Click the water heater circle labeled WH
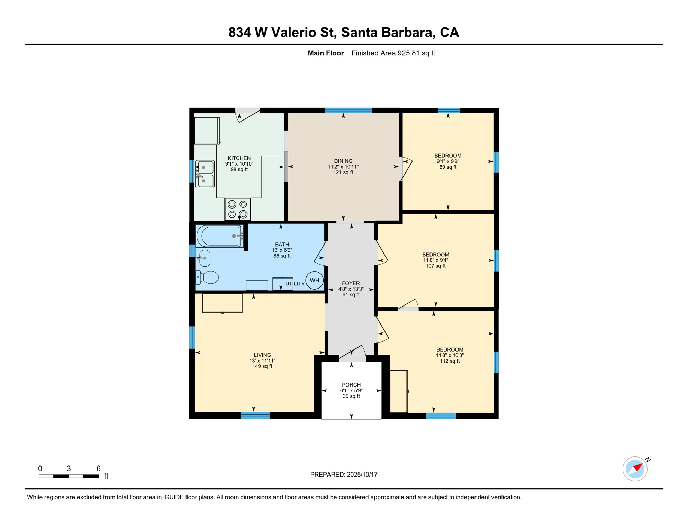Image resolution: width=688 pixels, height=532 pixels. coord(314,280)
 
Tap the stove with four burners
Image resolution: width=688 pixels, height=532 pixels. coord(237,209)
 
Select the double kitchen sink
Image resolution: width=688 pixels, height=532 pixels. coord(205,174)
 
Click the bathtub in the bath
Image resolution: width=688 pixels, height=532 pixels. coord(219,236)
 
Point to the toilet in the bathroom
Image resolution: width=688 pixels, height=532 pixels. coord(208,277)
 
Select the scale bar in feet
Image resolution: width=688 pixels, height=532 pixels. coord(69,476)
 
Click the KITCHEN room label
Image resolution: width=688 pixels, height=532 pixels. coord(239,158)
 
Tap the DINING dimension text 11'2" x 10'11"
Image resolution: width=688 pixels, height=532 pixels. coord(343,167)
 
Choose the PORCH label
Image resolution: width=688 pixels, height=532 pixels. coord(351,385)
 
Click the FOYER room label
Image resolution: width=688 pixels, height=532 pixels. coord(351,283)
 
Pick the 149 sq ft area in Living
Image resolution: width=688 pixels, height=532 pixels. coord(262,366)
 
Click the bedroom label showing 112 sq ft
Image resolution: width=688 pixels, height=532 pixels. coord(450,361)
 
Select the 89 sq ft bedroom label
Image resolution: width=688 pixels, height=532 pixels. coord(448,167)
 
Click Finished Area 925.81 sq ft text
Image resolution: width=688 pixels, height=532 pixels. coord(393,53)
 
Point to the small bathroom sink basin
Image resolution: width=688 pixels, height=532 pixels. coord(205,258)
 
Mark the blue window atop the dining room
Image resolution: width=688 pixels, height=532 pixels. coord(348,110)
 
